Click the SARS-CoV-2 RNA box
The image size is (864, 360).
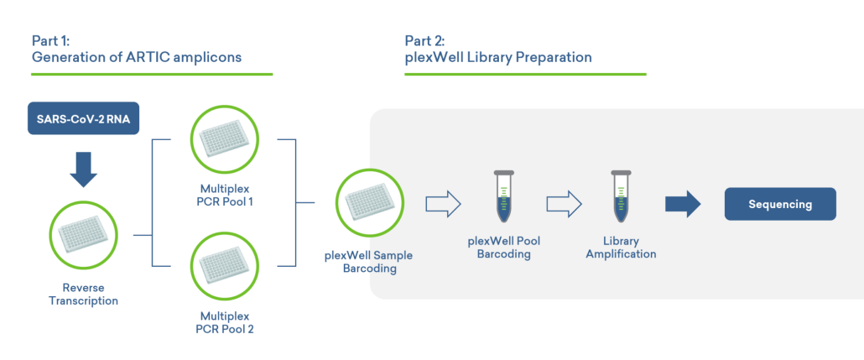(83, 118)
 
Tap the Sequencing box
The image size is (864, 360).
(780, 204)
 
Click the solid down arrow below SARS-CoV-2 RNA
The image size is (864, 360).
(83, 168)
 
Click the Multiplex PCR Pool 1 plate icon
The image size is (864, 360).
(225, 139)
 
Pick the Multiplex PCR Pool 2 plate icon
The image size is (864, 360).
(225, 266)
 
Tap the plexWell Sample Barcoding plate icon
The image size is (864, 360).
(370, 204)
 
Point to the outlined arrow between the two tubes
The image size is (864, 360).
(564, 204)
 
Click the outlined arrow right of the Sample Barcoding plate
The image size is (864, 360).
(443, 204)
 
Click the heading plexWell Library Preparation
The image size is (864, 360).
(498, 57)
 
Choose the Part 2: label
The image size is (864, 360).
(425, 40)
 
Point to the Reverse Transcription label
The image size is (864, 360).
(83, 294)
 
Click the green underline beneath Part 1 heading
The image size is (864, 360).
(152, 75)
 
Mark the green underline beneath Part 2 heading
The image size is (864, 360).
(525, 75)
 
